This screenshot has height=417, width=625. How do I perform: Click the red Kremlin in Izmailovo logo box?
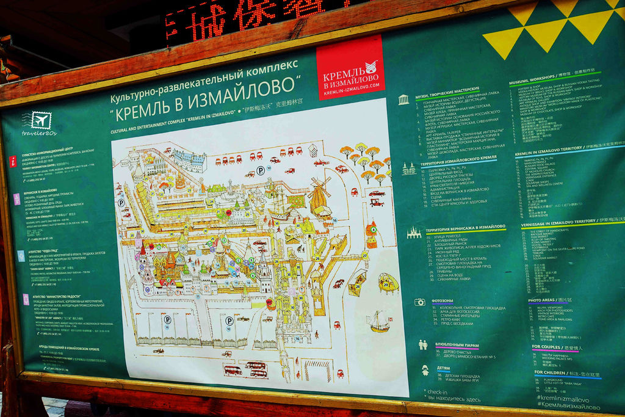coord(350,68)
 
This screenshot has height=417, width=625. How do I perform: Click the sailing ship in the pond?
coord(379,322)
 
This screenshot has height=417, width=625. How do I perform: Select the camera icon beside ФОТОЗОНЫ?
coord(419,302)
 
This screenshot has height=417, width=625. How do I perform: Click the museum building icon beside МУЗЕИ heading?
coord(403,100)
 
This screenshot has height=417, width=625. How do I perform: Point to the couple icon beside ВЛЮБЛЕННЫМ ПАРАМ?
coord(423,344)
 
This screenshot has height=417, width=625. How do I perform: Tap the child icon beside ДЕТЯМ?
coord(425,369)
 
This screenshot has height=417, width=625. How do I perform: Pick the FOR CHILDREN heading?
coord(558,372)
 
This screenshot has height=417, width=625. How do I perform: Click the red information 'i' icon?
coord(13,161)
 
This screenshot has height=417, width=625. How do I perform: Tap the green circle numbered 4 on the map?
coord(373,230)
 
